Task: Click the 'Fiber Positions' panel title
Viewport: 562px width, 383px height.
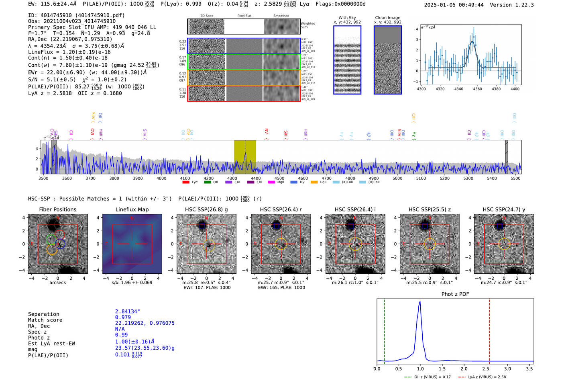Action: click(x=57, y=209)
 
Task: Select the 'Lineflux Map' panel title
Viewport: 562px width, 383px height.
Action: click(x=132, y=209)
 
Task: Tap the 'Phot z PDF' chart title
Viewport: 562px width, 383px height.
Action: click(x=455, y=294)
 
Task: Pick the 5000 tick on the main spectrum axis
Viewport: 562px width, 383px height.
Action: click(x=397, y=178)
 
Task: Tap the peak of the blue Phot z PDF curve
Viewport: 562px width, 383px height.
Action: click(x=420, y=302)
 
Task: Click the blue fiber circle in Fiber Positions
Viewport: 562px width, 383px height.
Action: click(x=61, y=244)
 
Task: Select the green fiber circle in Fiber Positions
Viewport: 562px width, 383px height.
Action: click(x=51, y=240)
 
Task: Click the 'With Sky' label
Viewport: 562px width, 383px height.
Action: click(x=347, y=18)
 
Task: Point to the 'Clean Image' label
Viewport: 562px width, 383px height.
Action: click(x=387, y=18)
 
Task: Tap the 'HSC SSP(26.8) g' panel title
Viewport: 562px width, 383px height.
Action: click(x=206, y=209)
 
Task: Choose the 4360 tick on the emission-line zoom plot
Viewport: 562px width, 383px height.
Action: click(x=477, y=89)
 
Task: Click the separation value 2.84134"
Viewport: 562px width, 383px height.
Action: click(x=128, y=311)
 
